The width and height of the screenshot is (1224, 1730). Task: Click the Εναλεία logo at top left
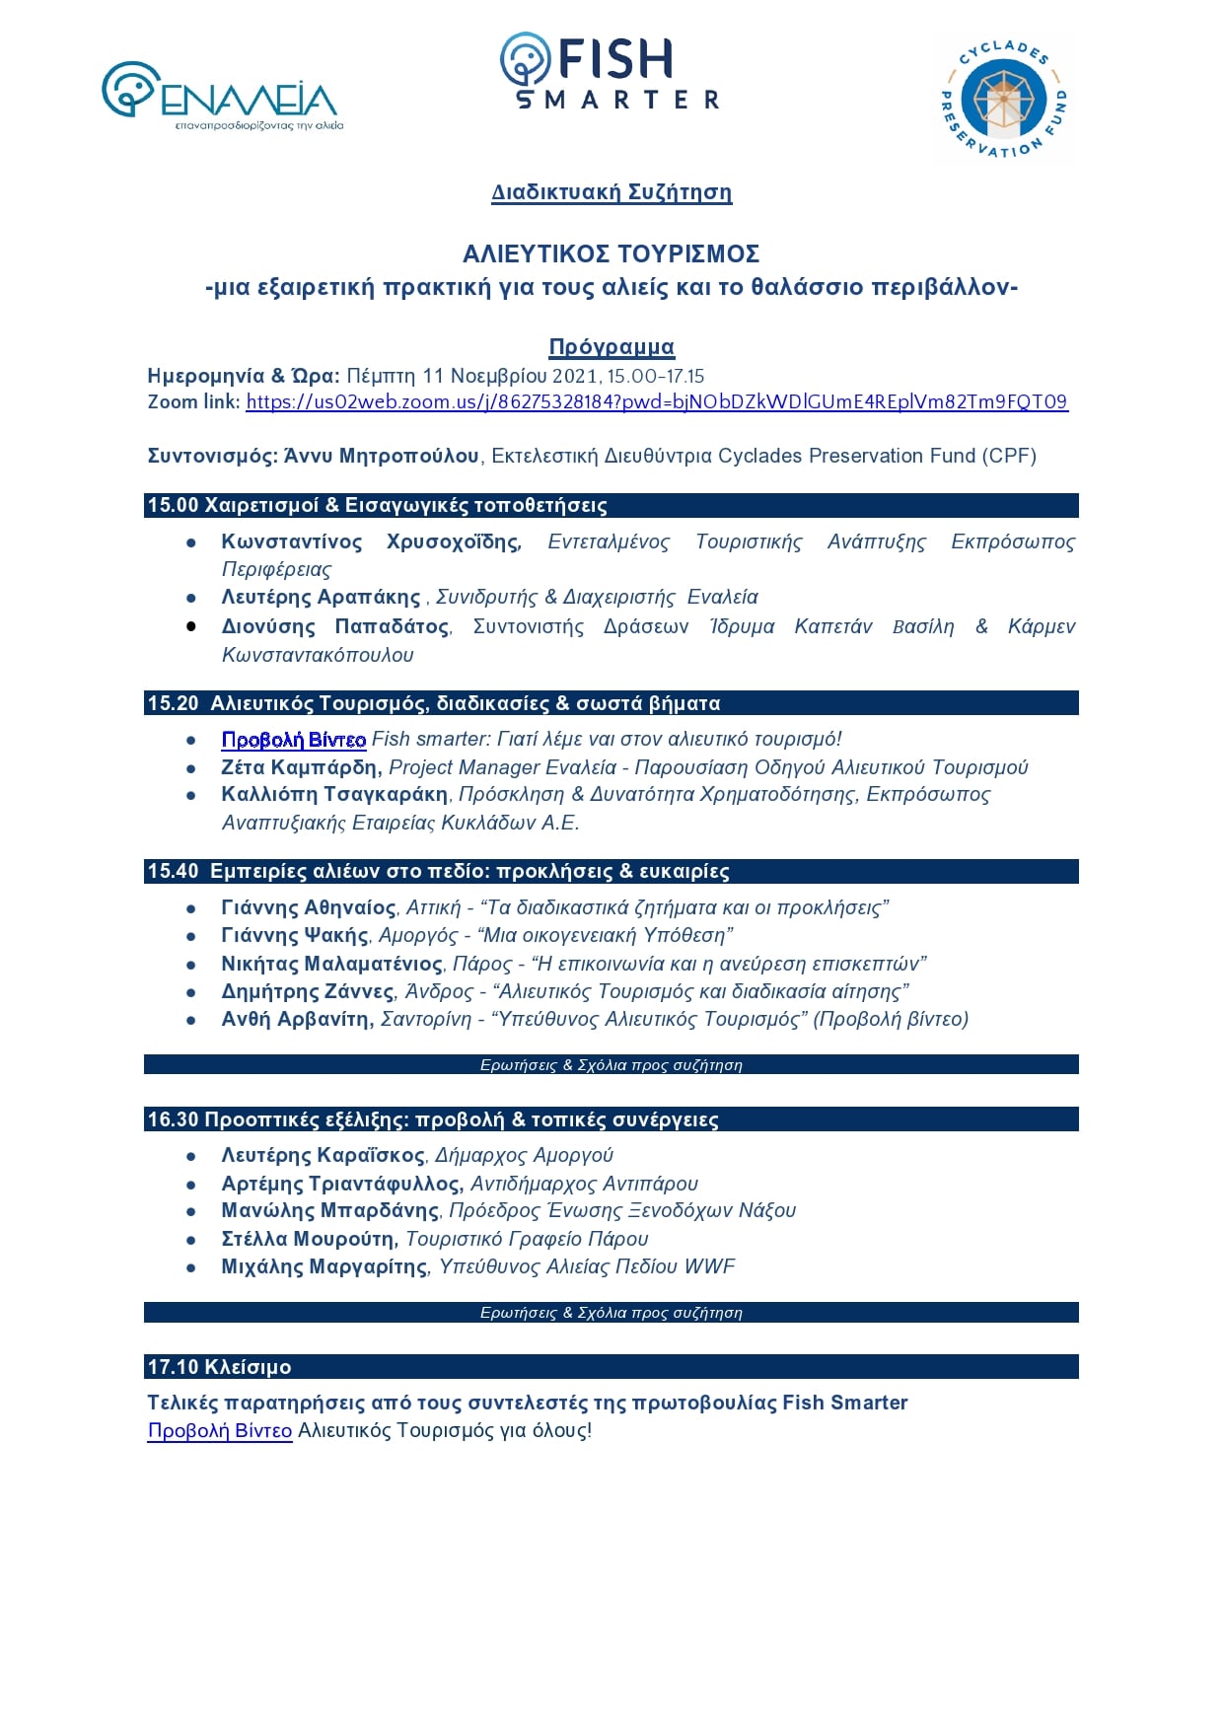221,97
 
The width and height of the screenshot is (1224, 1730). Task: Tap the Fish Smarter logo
610,71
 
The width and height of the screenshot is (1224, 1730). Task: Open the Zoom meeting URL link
656,402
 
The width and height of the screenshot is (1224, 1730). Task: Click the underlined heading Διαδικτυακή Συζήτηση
612,192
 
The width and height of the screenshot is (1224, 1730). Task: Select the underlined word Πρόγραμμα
612,347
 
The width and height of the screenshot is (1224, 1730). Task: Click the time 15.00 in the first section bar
173,506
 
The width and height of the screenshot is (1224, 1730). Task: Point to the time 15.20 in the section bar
173,703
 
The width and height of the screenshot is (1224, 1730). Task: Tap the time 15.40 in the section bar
173,871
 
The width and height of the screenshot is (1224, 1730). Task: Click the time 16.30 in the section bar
173,1119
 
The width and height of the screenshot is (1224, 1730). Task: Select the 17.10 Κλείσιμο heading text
219,1367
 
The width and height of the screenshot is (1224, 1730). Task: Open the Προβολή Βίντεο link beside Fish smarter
293,740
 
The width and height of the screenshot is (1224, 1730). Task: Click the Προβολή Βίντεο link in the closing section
219,1431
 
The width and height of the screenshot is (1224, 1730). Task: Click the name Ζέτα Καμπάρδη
300,767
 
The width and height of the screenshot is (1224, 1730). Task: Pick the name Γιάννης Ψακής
295,935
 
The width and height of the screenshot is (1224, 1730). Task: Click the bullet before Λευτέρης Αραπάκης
191,598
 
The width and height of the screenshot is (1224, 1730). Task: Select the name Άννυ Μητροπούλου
382,456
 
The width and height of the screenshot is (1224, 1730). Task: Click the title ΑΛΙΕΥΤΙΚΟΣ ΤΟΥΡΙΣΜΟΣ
612,254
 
